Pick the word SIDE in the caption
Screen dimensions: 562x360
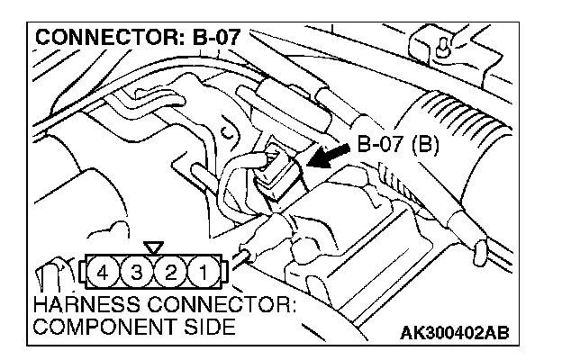[213, 326]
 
